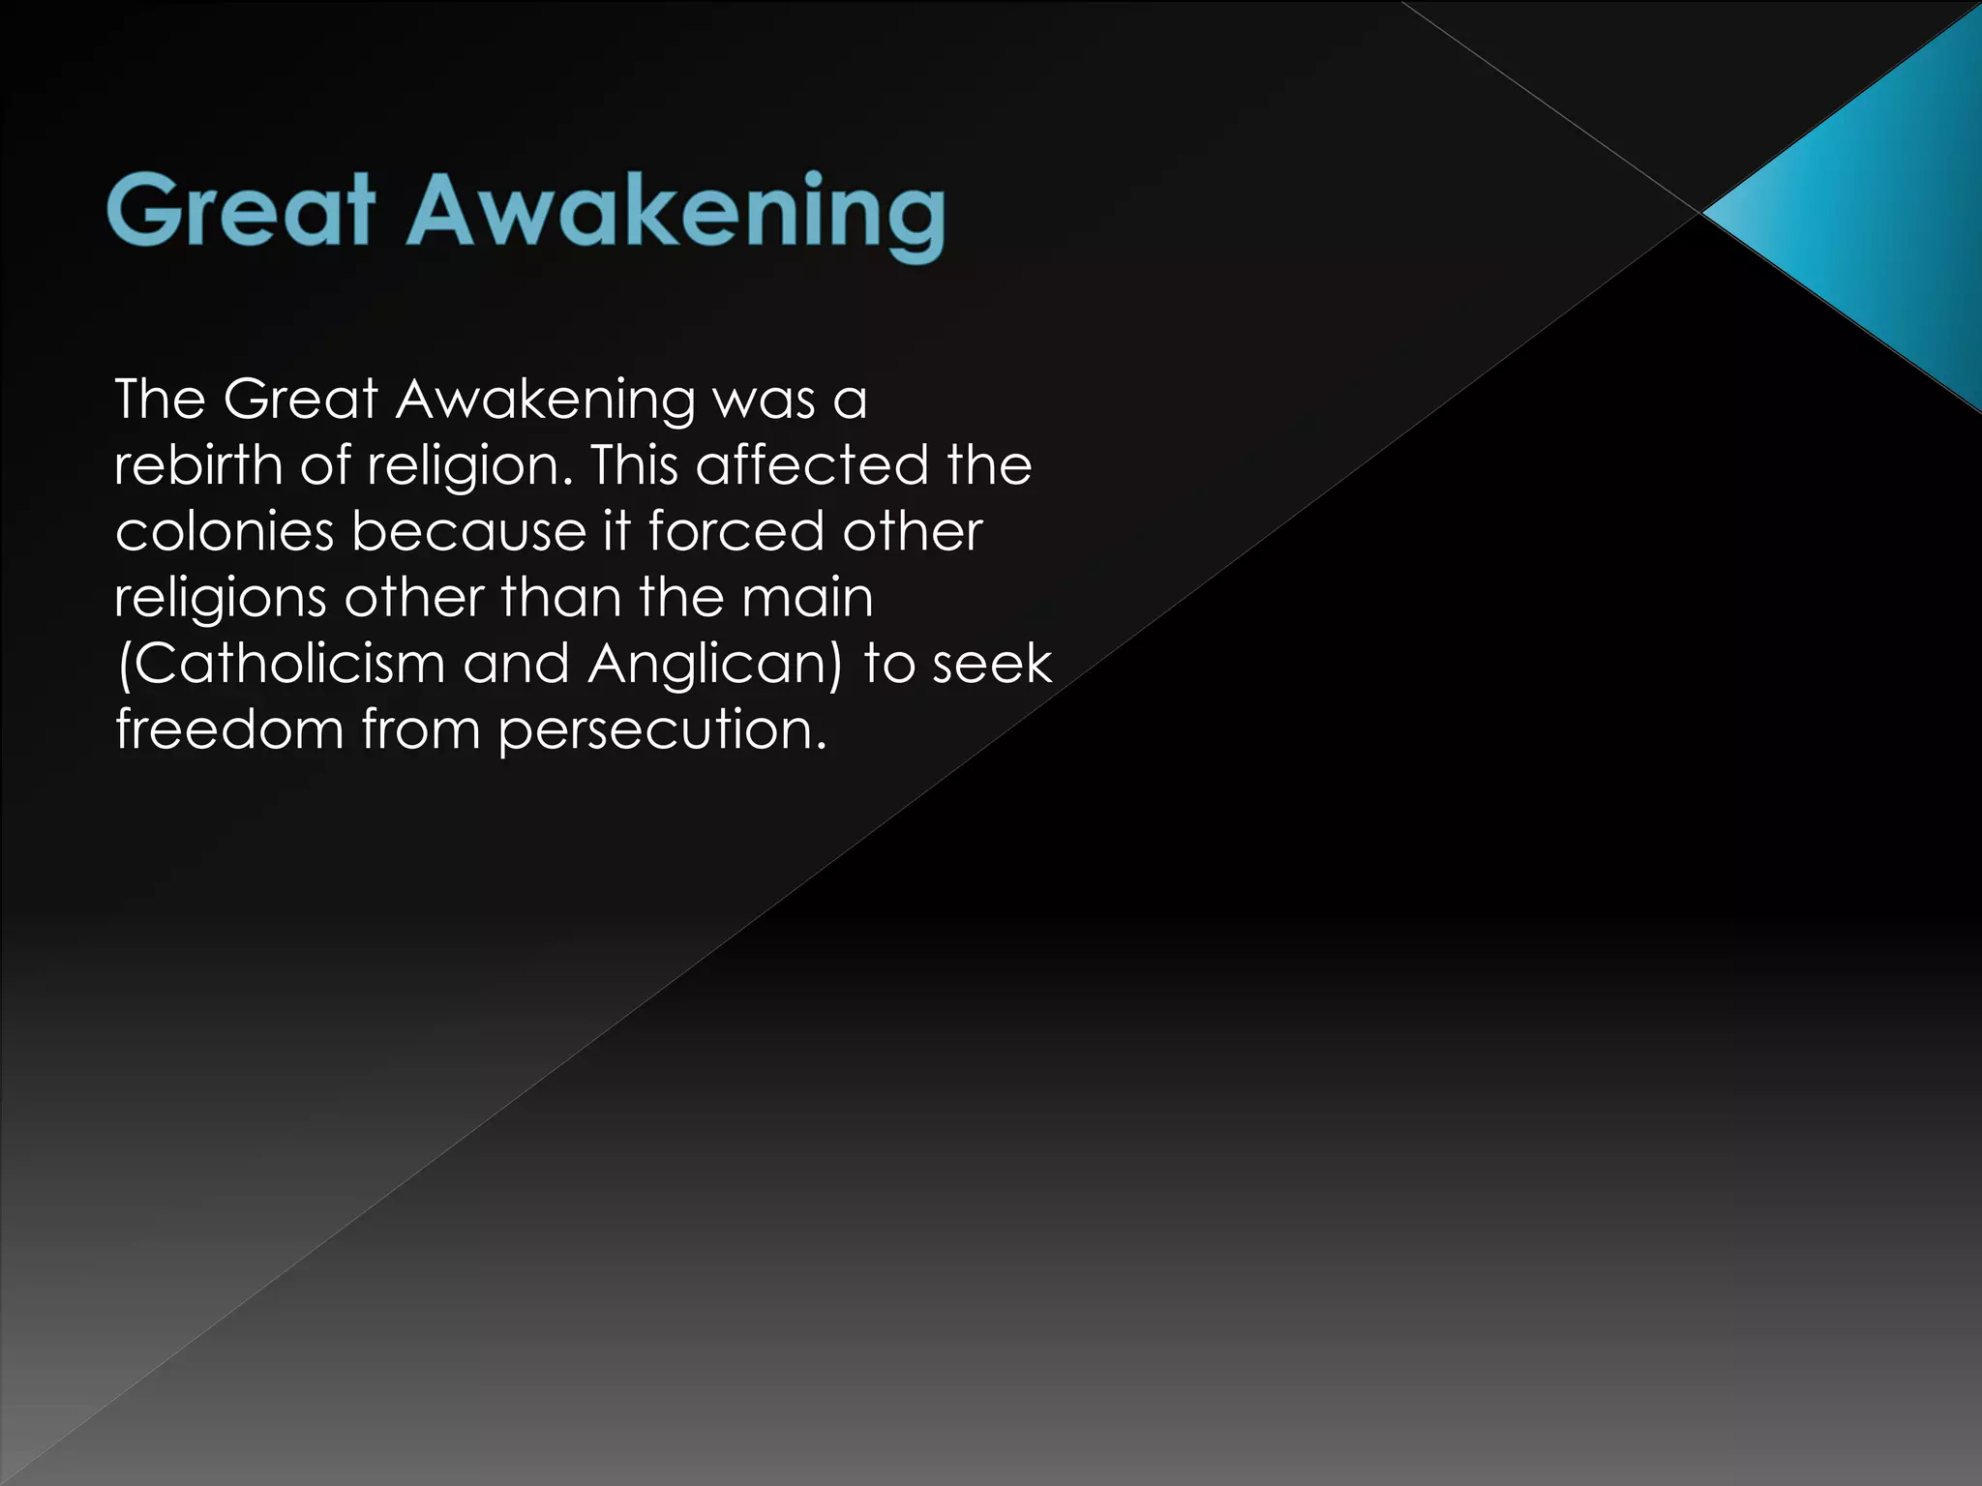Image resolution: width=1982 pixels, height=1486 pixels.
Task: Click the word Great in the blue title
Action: (241, 210)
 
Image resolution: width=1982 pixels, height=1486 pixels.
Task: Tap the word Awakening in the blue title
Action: (676, 214)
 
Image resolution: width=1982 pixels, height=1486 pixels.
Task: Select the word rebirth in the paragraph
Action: (197, 465)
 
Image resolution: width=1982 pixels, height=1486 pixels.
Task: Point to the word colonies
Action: (224, 531)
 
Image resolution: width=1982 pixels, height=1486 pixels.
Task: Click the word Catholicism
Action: (281, 665)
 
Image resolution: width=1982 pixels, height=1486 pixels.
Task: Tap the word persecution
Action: (663, 730)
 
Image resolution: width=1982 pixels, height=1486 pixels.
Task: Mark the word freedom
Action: (229, 728)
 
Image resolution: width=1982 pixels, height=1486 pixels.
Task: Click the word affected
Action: (812, 465)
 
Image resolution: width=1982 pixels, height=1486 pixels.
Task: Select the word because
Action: (468, 531)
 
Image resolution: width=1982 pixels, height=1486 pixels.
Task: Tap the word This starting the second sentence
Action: (634, 465)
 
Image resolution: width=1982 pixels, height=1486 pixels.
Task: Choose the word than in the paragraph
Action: (560, 598)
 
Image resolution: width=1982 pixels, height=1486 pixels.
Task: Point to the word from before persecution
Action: (421, 729)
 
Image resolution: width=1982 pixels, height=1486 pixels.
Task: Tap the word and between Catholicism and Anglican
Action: (516, 665)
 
